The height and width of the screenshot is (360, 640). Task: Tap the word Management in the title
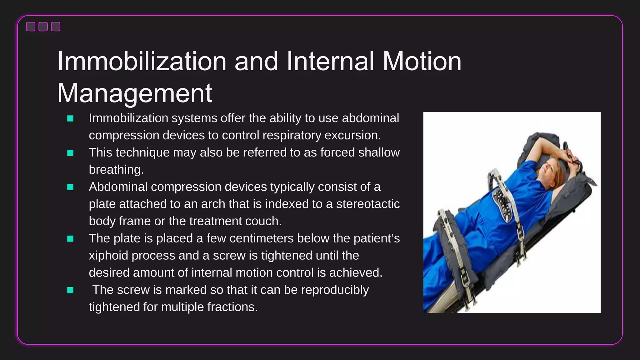click(135, 93)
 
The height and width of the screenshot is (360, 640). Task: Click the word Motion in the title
click(422, 61)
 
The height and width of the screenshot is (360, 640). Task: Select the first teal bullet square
click(70, 118)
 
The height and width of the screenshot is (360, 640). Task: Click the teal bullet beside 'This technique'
click(70, 153)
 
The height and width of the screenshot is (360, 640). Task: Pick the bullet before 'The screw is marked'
click(70, 290)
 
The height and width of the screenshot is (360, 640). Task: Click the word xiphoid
click(108, 256)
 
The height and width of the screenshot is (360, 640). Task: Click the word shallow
click(379, 152)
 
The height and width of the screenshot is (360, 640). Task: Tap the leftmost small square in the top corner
click(31, 27)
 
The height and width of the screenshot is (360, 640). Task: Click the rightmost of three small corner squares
click(56, 27)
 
